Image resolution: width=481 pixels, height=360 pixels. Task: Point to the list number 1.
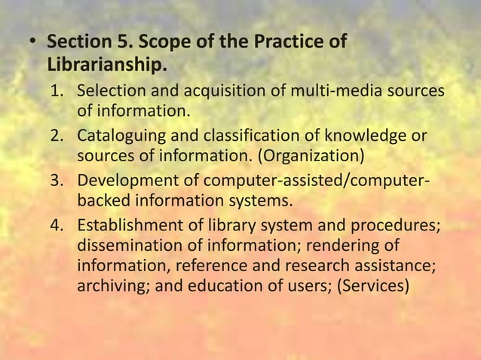pyautogui.click(x=57, y=93)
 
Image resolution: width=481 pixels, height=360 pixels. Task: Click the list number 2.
pyautogui.click(x=57, y=136)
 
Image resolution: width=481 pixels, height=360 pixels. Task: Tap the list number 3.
pyautogui.click(x=57, y=181)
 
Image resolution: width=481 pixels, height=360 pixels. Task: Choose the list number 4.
pyautogui.click(x=57, y=225)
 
